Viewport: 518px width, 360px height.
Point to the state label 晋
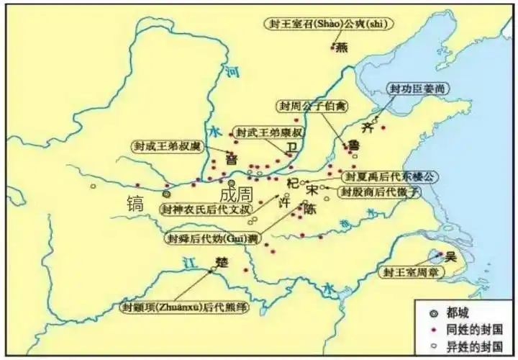(x=232, y=158)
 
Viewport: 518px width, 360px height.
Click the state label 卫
(x=291, y=147)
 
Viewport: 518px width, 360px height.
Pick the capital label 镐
(x=135, y=202)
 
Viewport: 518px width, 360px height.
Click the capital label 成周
(x=236, y=194)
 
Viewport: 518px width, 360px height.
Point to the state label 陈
(x=309, y=210)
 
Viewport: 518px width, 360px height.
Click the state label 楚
(x=222, y=263)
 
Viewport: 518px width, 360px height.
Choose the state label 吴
(x=451, y=256)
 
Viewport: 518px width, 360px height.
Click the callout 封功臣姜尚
(x=412, y=89)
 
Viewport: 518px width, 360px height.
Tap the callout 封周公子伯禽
(x=312, y=106)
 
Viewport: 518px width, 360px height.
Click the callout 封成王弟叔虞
(x=168, y=145)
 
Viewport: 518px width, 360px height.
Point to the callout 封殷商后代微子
(x=378, y=192)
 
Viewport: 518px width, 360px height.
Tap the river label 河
(x=232, y=72)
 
